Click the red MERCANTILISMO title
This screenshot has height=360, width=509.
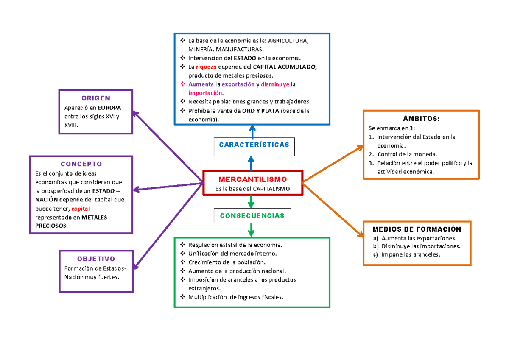tap(253, 179)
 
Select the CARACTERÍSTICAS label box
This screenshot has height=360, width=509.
tap(254, 145)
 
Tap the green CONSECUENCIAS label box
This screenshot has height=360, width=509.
tap(252, 216)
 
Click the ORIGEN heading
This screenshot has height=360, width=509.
tap(96, 98)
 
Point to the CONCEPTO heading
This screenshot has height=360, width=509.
tap(81, 164)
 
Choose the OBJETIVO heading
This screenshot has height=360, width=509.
tap(96, 259)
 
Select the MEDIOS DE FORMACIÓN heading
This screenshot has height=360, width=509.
tap(417, 229)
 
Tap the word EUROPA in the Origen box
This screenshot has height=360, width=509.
tap(110, 108)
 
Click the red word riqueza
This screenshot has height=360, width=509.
tap(206, 67)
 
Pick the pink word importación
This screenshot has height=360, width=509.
tap(206, 93)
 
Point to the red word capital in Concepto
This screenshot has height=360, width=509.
tap(81, 209)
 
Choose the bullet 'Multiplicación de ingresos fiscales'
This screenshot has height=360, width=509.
tap(235, 297)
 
